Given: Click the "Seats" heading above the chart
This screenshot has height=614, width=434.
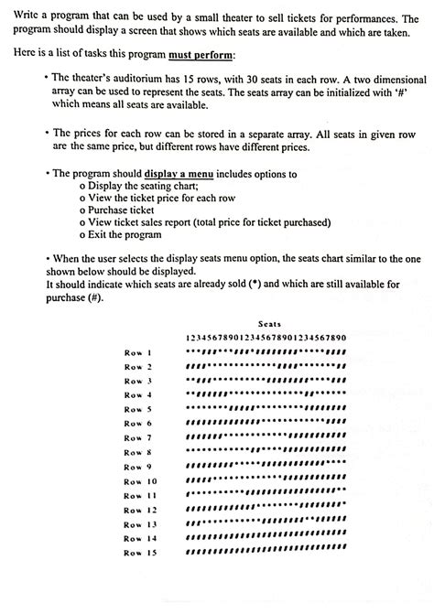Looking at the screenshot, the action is pos(269,324).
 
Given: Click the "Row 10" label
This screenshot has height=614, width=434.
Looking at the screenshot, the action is pos(141,480).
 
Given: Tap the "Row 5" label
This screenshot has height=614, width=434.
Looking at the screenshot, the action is pos(138,408).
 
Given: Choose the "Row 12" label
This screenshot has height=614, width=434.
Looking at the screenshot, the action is pos(141,509).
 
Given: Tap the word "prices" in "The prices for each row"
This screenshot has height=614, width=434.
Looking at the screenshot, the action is pos(88,134).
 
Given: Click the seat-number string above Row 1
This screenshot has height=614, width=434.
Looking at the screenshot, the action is pos(266,338).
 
